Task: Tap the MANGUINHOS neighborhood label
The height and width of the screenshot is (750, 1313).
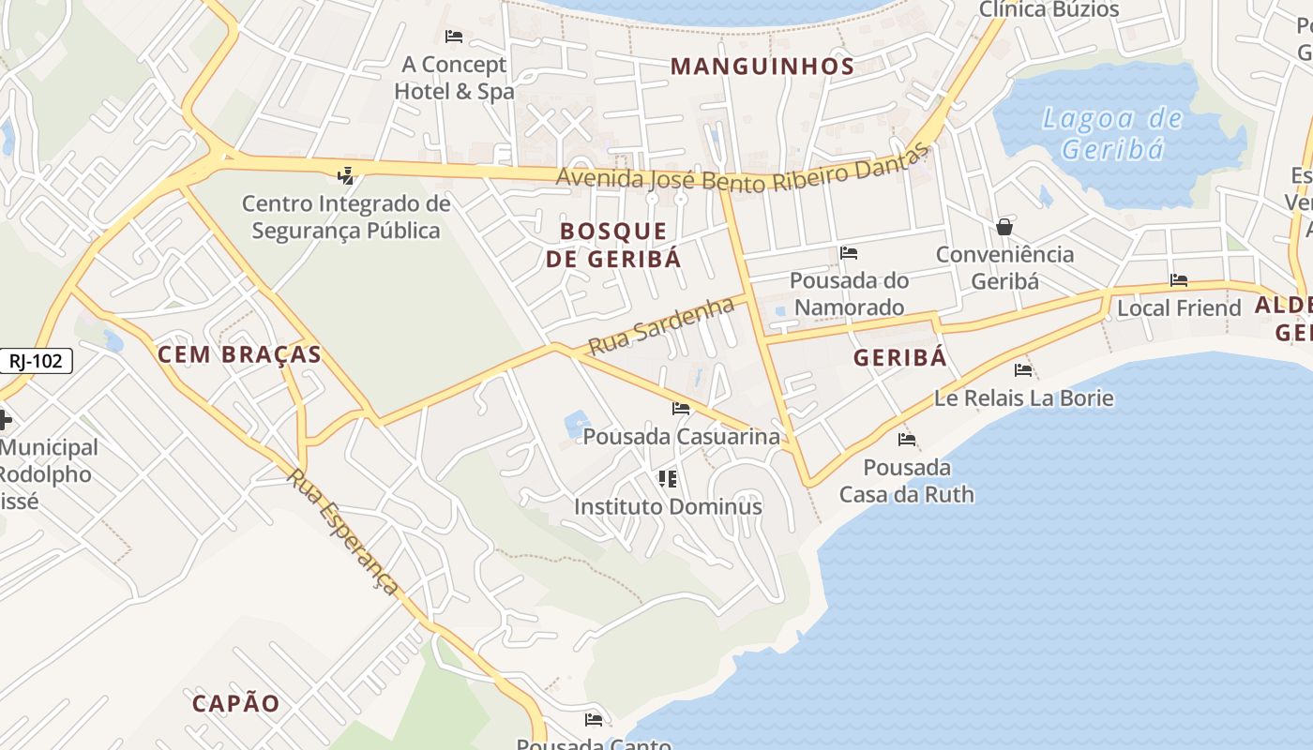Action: tap(762, 67)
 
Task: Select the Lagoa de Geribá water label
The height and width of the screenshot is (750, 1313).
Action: tap(1112, 134)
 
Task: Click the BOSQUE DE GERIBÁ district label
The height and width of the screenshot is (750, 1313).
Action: tap(613, 245)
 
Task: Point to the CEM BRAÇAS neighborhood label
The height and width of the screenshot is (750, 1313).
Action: tap(239, 354)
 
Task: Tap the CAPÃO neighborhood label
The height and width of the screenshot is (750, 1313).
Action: tap(236, 703)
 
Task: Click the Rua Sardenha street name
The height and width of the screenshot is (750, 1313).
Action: tap(660, 326)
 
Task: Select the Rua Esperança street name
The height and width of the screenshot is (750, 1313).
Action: tap(342, 531)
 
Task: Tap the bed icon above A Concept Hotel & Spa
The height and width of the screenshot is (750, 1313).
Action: tap(454, 37)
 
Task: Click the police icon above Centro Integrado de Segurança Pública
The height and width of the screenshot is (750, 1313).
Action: tap(346, 174)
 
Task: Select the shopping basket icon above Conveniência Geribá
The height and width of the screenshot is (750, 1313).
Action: tap(1004, 227)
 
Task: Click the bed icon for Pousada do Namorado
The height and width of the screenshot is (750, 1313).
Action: tap(849, 253)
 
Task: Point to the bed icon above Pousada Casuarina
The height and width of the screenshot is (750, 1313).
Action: tap(681, 409)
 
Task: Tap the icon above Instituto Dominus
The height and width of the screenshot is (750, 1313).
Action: tap(668, 479)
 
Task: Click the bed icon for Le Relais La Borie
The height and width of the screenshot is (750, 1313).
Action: tap(1023, 370)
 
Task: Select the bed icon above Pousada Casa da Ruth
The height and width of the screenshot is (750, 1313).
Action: tap(907, 439)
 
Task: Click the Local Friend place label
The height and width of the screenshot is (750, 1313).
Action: tap(1178, 307)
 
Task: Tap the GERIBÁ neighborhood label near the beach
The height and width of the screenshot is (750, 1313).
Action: tap(900, 358)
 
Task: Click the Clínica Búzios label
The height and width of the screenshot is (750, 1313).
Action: tap(1049, 10)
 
